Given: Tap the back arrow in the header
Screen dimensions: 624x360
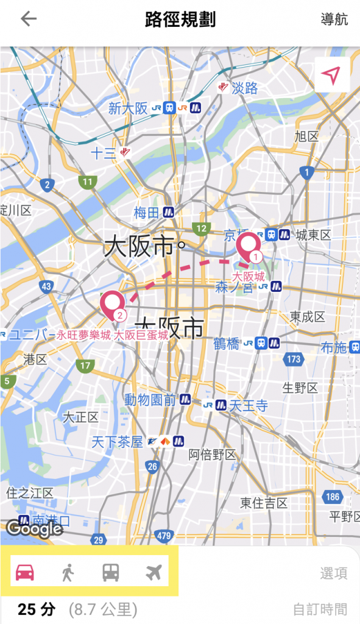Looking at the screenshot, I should [29, 19].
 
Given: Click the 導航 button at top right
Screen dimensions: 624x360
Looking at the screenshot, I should [334, 19].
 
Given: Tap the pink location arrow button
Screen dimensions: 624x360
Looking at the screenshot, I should [331, 76].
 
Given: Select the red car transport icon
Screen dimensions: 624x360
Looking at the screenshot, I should [24, 573].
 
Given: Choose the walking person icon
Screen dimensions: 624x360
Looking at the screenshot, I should [68, 573].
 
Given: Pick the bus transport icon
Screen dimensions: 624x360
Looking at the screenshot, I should [110, 573].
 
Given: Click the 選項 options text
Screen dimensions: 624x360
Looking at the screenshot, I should [334, 573].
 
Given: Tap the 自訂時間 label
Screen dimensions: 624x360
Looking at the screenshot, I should [320, 609].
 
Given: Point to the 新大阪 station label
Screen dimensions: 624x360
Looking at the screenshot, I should [128, 108].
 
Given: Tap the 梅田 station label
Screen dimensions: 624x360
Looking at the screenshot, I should [146, 213].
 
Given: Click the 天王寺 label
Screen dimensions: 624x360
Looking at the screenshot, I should [248, 406].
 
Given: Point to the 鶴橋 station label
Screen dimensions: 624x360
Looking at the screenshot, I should [227, 344].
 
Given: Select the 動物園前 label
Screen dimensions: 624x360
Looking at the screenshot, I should [150, 400].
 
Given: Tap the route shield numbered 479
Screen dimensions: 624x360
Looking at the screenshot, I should [163, 536].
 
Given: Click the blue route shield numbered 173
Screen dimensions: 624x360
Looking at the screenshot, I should [294, 359].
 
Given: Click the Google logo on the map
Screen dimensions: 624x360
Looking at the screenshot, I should [34, 528].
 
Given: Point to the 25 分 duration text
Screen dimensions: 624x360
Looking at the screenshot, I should [37, 609].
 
